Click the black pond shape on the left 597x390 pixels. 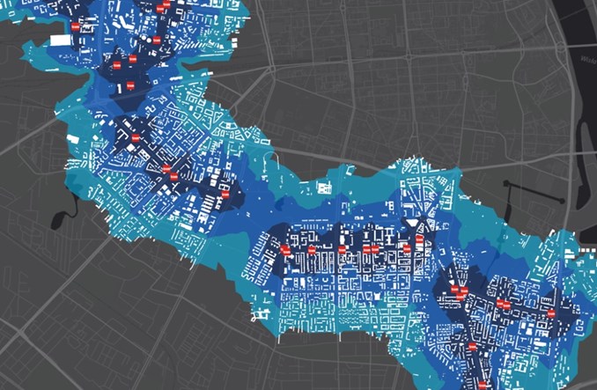(x=59, y=217)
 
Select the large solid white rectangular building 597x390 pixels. (x=61, y=40)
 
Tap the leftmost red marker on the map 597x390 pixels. (x=76, y=27)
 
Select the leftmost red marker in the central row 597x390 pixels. (x=285, y=251)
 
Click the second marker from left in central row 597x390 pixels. (x=311, y=251)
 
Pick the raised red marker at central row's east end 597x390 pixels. (x=420, y=239)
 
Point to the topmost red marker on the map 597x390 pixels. (x=161, y=7)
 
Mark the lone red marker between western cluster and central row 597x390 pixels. (x=225, y=194)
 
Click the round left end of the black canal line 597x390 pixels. (x=507, y=184)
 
